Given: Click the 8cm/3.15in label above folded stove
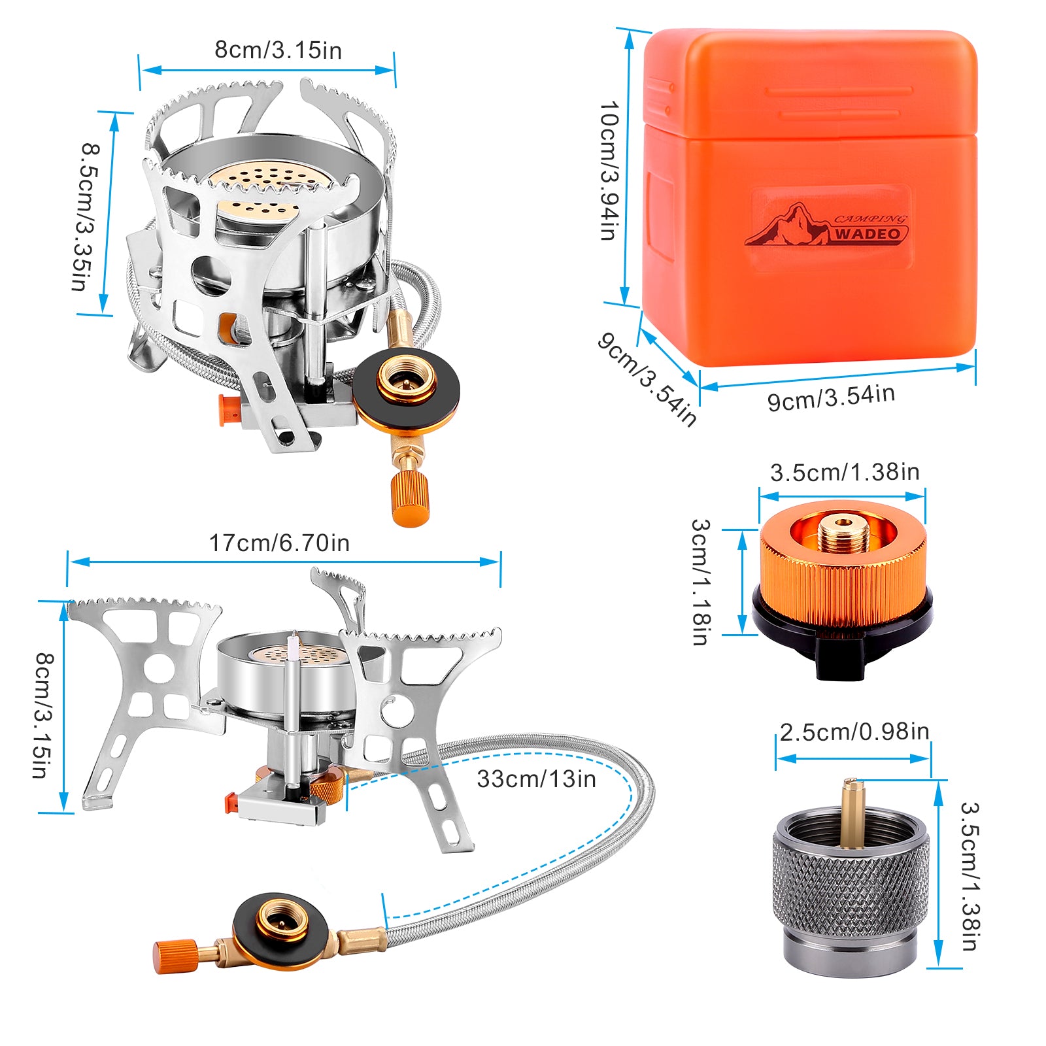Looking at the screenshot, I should tap(278, 50).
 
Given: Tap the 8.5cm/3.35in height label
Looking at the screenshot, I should tap(85, 216).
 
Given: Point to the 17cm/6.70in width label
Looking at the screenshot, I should tap(279, 543).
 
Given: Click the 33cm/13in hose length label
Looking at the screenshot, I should tap(536, 779).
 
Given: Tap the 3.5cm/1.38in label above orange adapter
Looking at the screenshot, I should tap(845, 472).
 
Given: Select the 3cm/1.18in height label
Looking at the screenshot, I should tap(700, 582).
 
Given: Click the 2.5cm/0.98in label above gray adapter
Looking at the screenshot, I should tap(854, 732).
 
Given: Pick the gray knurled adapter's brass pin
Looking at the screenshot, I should tap(850, 811).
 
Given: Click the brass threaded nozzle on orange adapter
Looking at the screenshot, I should tap(843, 533).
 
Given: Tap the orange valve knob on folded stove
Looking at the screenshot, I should tap(410, 498).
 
